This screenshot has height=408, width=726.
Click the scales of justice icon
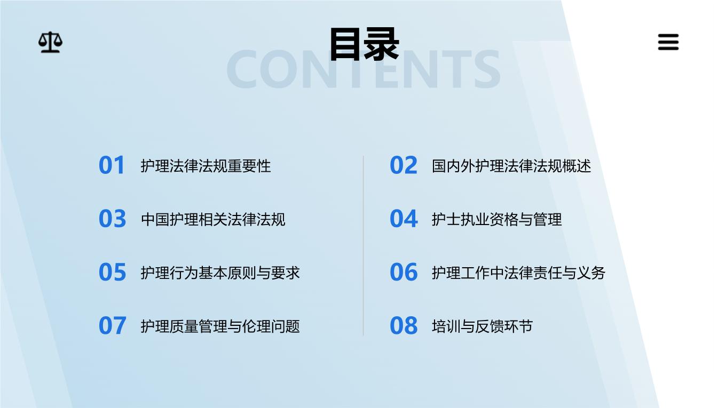click(50, 43)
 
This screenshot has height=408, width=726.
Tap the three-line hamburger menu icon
click(668, 42)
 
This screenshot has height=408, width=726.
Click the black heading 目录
click(364, 44)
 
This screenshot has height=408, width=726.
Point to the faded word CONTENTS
click(364, 69)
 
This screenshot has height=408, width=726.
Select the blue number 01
click(112, 165)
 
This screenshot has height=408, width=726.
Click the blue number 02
click(404, 165)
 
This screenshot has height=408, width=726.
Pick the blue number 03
click(112, 219)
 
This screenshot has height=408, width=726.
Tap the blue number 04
click(404, 219)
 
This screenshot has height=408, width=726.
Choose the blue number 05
click(112, 272)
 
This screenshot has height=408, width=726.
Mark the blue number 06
click(404, 272)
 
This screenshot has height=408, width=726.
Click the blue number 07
click(112, 325)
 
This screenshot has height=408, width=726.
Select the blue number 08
click(404, 325)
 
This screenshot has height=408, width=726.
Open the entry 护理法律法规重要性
click(206, 166)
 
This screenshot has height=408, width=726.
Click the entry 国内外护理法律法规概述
click(511, 166)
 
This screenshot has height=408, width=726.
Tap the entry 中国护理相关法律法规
click(213, 220)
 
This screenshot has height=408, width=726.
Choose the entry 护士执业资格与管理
click(497, 220)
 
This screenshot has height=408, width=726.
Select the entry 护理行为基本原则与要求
click(220, 273)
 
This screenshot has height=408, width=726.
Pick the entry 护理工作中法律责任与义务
click(518, 273)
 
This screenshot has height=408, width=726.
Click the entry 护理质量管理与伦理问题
click(220, 326)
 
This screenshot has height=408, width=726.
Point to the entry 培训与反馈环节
click(482, 326)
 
